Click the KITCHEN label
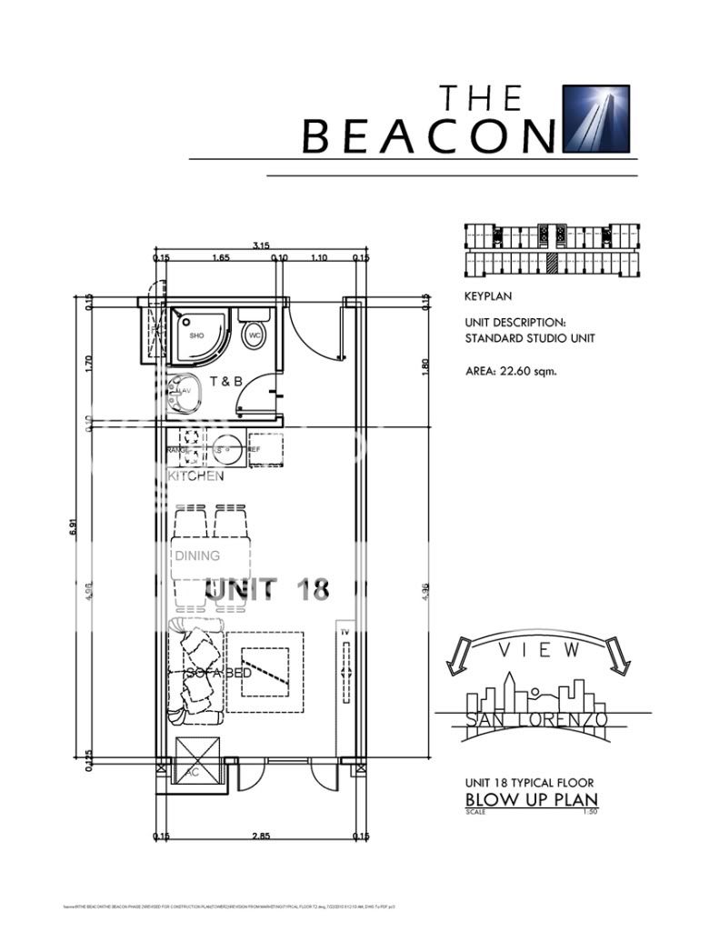coord(195,476)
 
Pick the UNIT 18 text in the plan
coord(266,589)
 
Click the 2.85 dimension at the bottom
coord(259,835)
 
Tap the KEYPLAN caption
coord(485,295)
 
